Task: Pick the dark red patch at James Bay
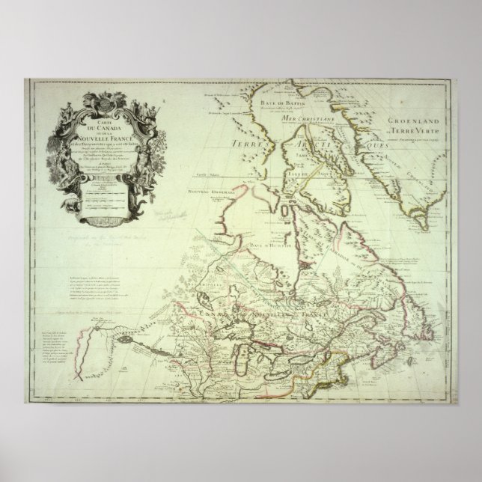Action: coord(304,264)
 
